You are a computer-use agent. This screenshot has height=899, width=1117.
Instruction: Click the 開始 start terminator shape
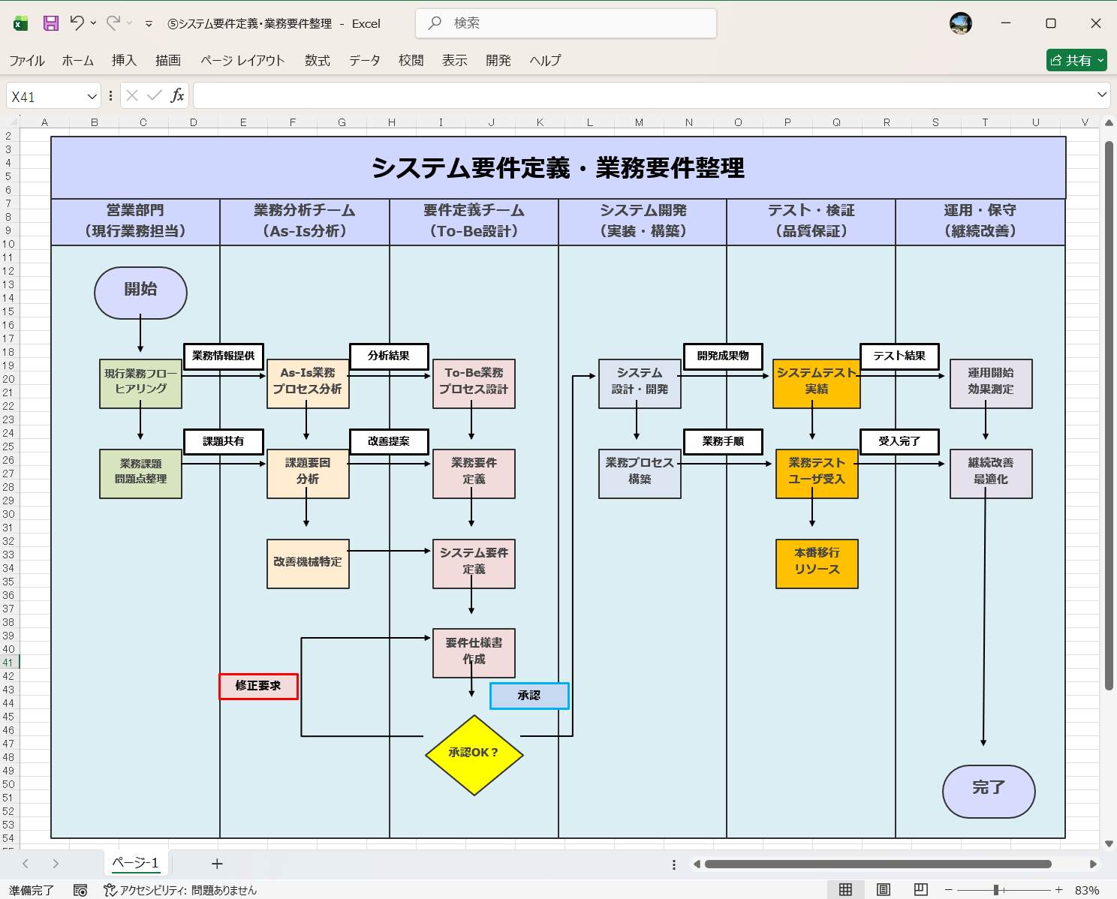tap(140, 293)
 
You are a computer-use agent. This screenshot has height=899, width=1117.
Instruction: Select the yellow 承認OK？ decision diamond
tap(474, 754)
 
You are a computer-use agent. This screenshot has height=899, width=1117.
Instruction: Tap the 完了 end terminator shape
tap(989, 791)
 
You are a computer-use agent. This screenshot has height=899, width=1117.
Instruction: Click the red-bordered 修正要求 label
tap(258, 686)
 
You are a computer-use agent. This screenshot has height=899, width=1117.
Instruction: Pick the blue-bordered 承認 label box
tap(529, 696)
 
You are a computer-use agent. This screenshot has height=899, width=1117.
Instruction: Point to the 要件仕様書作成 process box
tap(474, 652)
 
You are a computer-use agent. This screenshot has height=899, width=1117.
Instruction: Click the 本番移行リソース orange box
tap(817, 563)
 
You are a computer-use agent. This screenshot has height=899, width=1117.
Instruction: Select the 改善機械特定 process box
tap(308, 563)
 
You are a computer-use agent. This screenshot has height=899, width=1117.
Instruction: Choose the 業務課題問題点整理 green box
tap(140, 474)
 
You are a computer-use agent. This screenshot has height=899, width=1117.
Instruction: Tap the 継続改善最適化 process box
tap(991, 474)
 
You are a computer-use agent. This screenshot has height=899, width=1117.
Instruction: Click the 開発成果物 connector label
tap(723, 356)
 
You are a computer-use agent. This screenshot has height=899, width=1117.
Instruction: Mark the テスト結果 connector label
tap(899, 356)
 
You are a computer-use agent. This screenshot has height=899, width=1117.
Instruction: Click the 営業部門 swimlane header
tap(135, 221)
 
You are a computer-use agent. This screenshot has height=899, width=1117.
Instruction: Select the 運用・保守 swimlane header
tap(980, 221)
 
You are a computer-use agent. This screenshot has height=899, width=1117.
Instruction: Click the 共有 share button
tap(1076, 60)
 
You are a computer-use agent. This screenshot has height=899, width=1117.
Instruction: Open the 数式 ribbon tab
tap(318, 61)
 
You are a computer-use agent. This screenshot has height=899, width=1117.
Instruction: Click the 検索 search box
tap(566, 23)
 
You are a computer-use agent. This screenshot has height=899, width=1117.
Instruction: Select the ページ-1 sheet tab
tap(136, 863)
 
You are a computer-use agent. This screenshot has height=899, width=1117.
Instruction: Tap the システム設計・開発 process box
tap(640, 383)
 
